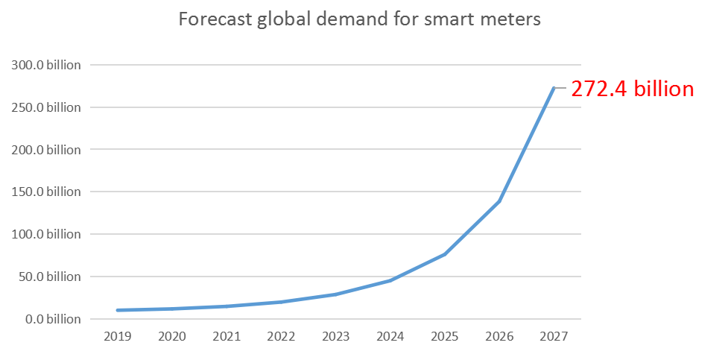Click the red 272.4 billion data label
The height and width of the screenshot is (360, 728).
(x=633, y=89)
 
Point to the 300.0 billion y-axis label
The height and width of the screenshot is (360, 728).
(x=45, y=65)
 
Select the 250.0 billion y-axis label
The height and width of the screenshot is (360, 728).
(x=45, y=107)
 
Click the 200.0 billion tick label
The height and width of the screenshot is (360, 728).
(x=45, y=150)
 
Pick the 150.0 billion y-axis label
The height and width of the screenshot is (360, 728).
(x=45, y=192)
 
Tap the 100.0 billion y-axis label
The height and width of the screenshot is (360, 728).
(x=45, y=234)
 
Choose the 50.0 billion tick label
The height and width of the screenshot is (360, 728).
(x=48, y=277)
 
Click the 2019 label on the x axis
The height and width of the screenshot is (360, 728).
(x=118, y=337)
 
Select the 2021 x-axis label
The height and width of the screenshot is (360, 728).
(x=227, y=337)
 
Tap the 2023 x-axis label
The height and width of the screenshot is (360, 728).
(x=335, y=337)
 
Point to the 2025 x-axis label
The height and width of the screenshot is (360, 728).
(x=445, y=337)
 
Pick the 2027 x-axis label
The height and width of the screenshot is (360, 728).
(x=554, y=337)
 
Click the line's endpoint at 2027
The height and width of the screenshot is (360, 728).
(x=554, y=88)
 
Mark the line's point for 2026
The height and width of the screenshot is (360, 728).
(x=499, y=200)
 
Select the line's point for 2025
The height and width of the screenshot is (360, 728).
(x=445, y=254)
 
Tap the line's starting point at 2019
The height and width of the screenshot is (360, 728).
(x=118, y=310)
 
